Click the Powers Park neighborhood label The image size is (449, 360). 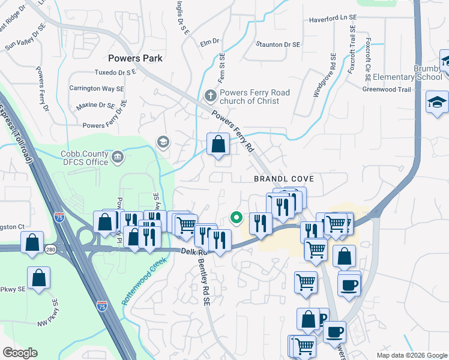click(136, 58)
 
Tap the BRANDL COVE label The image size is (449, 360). click(283, 179)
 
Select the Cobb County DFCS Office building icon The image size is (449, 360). click(118, 158)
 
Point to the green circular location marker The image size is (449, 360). click(237, 218)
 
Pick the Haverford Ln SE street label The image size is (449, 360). click(333, 20)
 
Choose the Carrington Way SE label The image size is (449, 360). click(96, 88)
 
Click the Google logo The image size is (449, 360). click(20, 353)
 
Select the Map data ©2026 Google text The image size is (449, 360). click(412, 355)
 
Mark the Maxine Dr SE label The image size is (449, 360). click(95, 106)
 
